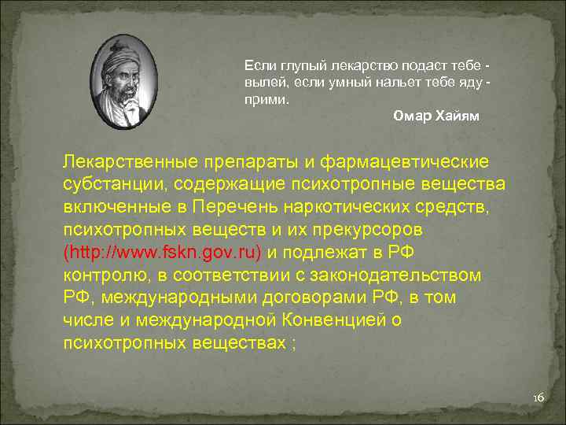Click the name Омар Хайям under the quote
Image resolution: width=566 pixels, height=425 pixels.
tap(436, 116)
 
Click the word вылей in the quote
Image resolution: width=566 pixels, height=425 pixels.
tap(261, 83)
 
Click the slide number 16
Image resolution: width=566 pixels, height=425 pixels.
tap(538, 398)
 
